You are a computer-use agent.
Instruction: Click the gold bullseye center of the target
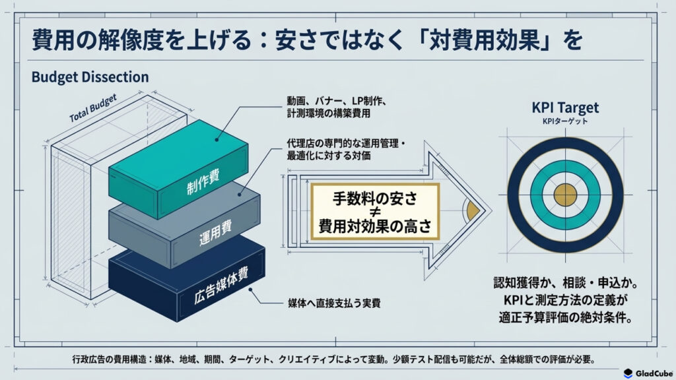coord(565,195)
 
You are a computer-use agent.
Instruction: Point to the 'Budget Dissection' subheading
coord(90,77)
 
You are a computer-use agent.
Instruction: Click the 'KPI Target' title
coord(565,108)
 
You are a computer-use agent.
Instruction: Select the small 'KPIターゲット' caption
coord(565,121)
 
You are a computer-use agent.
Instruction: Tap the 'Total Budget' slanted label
coord(93,108)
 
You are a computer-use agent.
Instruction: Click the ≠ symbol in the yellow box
coord(375,212)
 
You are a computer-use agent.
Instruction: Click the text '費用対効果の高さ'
coord(375,226)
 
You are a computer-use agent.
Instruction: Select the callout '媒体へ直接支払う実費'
coord(334,303)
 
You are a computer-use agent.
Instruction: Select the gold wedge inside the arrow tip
coord(473,210)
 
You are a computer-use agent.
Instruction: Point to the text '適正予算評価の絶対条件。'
coord(565,317)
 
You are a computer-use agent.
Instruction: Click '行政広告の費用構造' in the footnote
coord(110,360)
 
